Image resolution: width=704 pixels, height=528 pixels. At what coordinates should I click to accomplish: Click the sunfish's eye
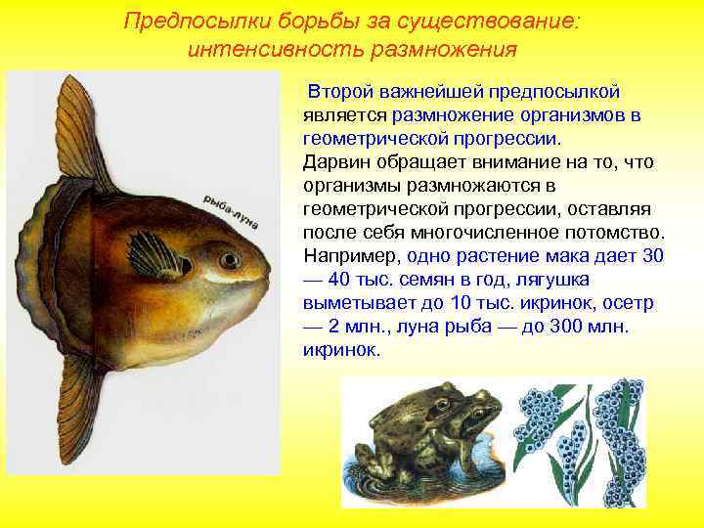tap(230, 260)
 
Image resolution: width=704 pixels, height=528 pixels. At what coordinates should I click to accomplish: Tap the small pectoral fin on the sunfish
tap(155, 251)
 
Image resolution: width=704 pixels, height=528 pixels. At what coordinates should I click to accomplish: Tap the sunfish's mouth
tap(262, 278)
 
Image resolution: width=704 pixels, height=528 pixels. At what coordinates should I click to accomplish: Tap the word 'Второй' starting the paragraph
tap(339, 92)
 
